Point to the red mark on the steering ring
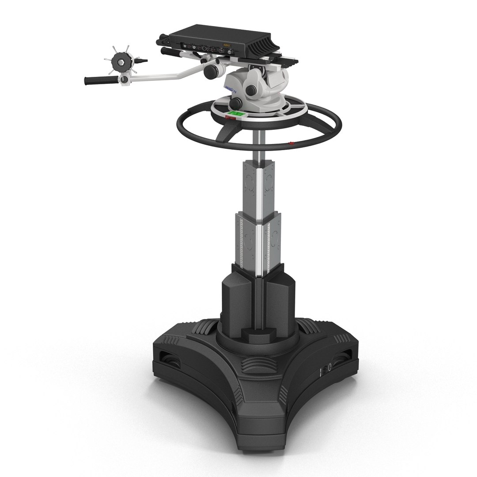[291, 143]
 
